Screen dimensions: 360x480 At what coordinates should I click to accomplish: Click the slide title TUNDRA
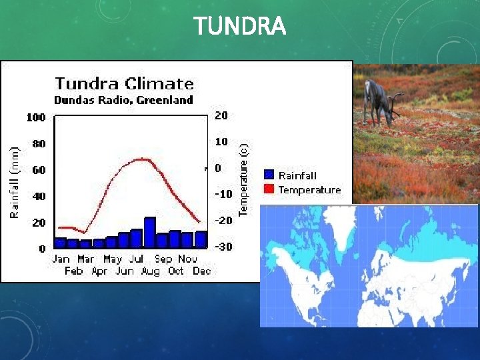coord(240,27)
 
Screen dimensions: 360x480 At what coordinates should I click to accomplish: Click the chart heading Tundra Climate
coord(125,84)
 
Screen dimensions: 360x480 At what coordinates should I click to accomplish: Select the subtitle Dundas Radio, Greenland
coord(123,101)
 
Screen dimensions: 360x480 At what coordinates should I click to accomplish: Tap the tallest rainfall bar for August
coord(150,233)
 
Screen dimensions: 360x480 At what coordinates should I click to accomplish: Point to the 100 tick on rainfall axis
coord(36,117)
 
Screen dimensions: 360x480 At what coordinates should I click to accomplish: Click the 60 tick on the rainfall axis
coord(39,170)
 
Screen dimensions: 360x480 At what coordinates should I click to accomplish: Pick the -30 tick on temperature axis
coord(223,247)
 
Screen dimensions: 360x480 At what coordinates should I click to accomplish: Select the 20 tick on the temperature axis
coord(221,115)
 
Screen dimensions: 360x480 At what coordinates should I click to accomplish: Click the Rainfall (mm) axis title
coord(14,182)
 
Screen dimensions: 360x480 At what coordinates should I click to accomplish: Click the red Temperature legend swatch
coord(269,189)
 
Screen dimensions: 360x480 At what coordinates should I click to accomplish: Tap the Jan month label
coord(61,259)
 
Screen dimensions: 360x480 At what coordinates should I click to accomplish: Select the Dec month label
coord(201,271)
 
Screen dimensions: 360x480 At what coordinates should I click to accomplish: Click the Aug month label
coord(151,271)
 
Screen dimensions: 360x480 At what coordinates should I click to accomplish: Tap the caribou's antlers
coord(396,102)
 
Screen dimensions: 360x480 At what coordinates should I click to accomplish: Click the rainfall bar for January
coord(61,243)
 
